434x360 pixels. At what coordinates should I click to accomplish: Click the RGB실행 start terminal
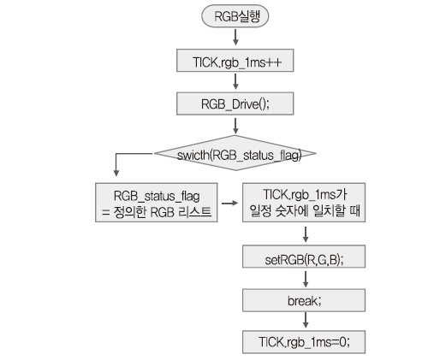tap(235, 16)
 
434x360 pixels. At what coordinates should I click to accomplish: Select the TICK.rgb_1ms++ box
tap(235, 61)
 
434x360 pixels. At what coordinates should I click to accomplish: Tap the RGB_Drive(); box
tap(235, 103)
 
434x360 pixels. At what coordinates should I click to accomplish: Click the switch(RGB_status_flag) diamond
tap(235, 153)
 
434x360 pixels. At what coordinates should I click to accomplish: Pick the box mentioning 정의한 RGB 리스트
tap(157, 203)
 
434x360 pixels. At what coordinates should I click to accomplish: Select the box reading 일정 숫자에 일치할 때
tap(304, 203)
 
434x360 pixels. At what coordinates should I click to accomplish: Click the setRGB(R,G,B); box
tap(304, 257)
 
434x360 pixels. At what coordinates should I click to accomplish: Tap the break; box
tap(304, 300)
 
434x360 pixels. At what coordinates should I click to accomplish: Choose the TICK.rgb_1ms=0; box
tap(304, 342)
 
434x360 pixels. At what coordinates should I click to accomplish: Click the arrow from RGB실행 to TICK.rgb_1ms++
tap(235, 37)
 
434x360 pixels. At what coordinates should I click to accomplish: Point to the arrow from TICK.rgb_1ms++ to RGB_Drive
tap(235, 81)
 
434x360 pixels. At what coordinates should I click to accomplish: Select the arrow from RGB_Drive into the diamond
tap(235, 126)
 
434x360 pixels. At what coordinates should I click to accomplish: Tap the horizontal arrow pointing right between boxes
tap(229, 203)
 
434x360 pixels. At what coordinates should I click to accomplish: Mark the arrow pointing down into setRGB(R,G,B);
tap(306, 234)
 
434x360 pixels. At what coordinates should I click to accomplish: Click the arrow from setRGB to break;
tap(306, 279)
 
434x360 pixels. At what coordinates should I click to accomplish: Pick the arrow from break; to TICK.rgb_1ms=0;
tap(306, 320)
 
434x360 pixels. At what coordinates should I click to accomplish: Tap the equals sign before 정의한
tap(106, 213)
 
